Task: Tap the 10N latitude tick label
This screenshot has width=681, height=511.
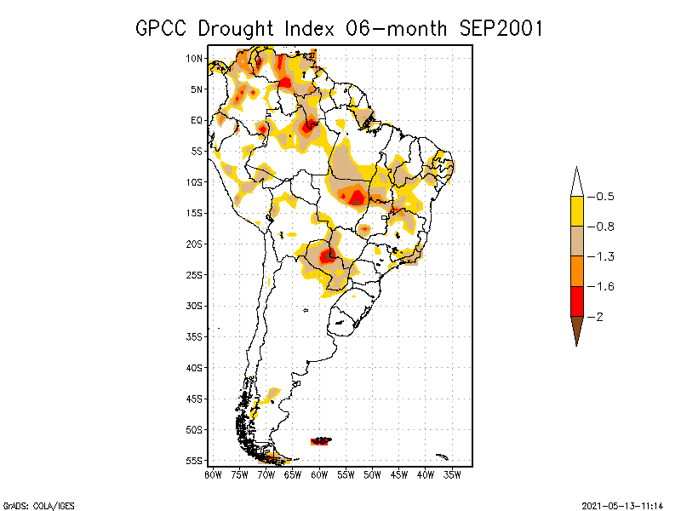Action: (194, 59)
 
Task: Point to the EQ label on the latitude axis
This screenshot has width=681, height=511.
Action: (197, 120)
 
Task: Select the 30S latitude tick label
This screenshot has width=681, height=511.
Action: (194, 306)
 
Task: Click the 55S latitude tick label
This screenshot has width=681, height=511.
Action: (194, 461)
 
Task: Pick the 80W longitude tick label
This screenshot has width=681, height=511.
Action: (213, 474)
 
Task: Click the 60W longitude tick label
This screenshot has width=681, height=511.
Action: (319, 474)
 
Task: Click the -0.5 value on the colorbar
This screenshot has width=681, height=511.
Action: (605, 197)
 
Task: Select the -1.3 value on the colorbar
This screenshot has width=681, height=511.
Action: (605, 256)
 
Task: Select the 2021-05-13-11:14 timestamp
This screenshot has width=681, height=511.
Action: (622, 505)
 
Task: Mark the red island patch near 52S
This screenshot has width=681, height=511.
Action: (322, 440)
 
